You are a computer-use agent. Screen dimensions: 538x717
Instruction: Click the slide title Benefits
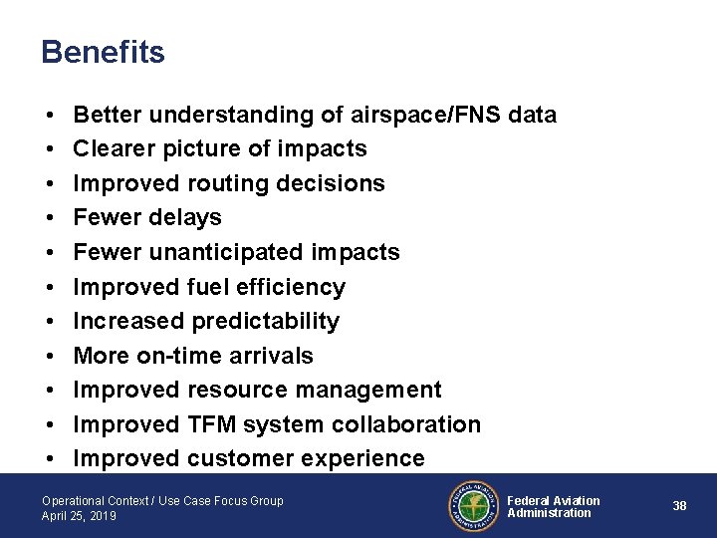pos(103,52)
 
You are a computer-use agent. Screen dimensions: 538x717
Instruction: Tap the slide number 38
pos(679,506)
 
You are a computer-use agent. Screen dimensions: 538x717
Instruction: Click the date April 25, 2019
pos(79,516)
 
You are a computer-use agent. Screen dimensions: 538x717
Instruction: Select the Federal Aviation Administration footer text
pos(554,506)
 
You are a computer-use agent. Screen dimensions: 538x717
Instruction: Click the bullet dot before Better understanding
pos(50,116)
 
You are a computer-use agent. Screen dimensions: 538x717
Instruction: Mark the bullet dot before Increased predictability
pos(50,322)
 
